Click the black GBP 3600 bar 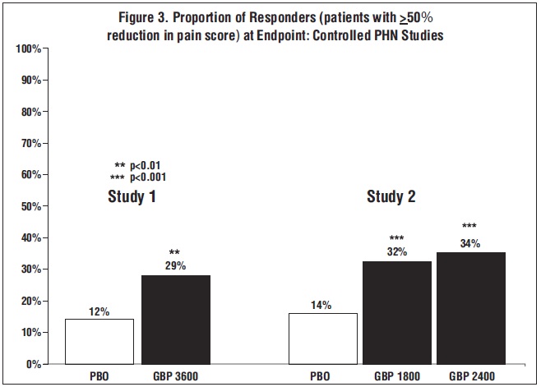click(x=176, y=320)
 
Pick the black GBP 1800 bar click(x=398, y=312)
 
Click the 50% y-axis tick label click(x=31, y=206)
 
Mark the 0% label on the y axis click(x=35, y=364)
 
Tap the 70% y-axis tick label click(x=31, y=143)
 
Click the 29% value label click(x=175, y=266)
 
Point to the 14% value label click(x=321, y=305)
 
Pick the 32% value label click(x=398, y=252)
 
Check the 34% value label click(x=470, y=243)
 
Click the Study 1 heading click(x=132, y=197)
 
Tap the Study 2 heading click(x=391, y=197)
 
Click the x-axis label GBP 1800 click(x=398, y=375)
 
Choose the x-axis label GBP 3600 click(x=176, y=375)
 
